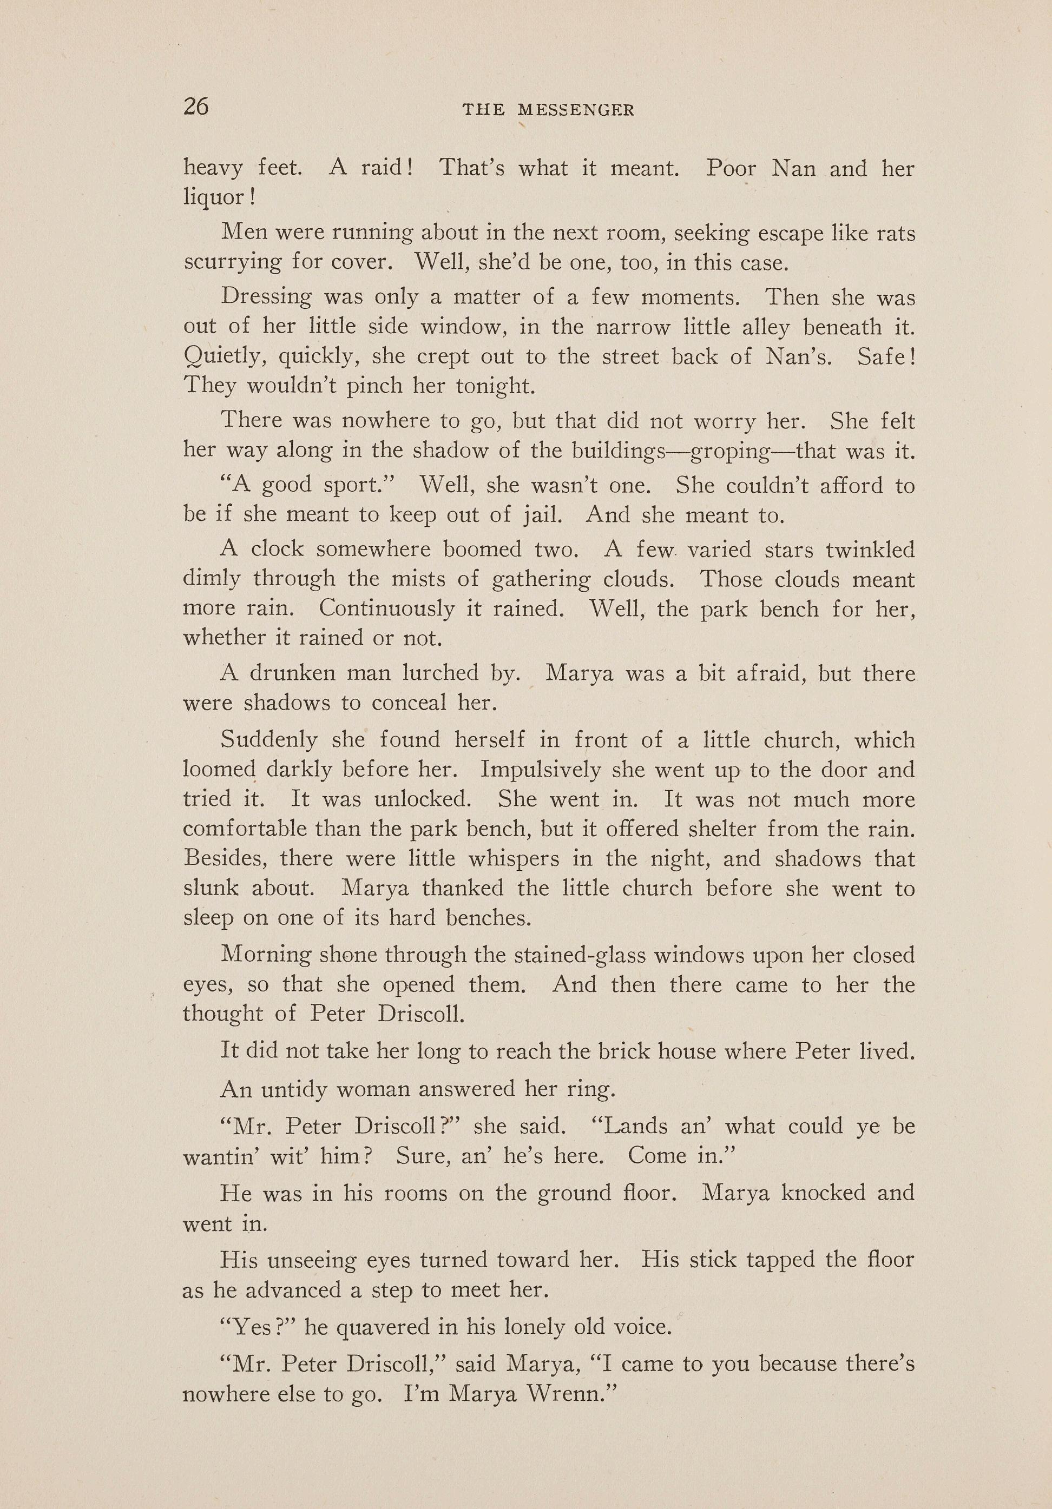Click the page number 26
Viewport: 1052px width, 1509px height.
[196, 107]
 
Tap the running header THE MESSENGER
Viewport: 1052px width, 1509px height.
[548, 110]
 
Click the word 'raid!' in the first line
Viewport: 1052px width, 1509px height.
[387, 168]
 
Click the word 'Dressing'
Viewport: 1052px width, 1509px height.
[266, 297]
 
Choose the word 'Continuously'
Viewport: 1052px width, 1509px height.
[386, 608]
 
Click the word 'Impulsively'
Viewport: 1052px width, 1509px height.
[541, 770]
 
